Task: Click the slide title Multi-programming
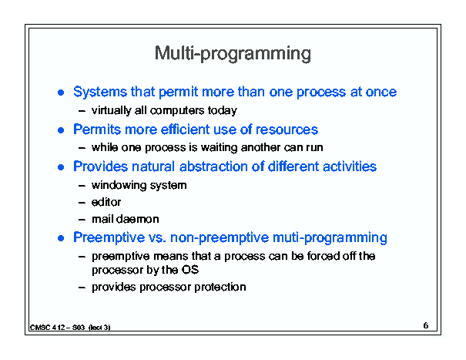(233, 54)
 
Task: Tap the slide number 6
(426, 325)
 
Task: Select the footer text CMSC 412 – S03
(57, 328)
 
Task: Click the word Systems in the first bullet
(100, 92)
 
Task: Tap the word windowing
(119, 185)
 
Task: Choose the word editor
(106, 202)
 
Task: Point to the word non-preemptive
(220, 237)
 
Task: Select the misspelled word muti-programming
(330, 237)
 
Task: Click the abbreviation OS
(190, 270)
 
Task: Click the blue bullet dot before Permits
(61, 130)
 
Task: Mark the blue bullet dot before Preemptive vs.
(61, 238)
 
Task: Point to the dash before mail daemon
(82, 220)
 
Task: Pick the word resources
(287, 130)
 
